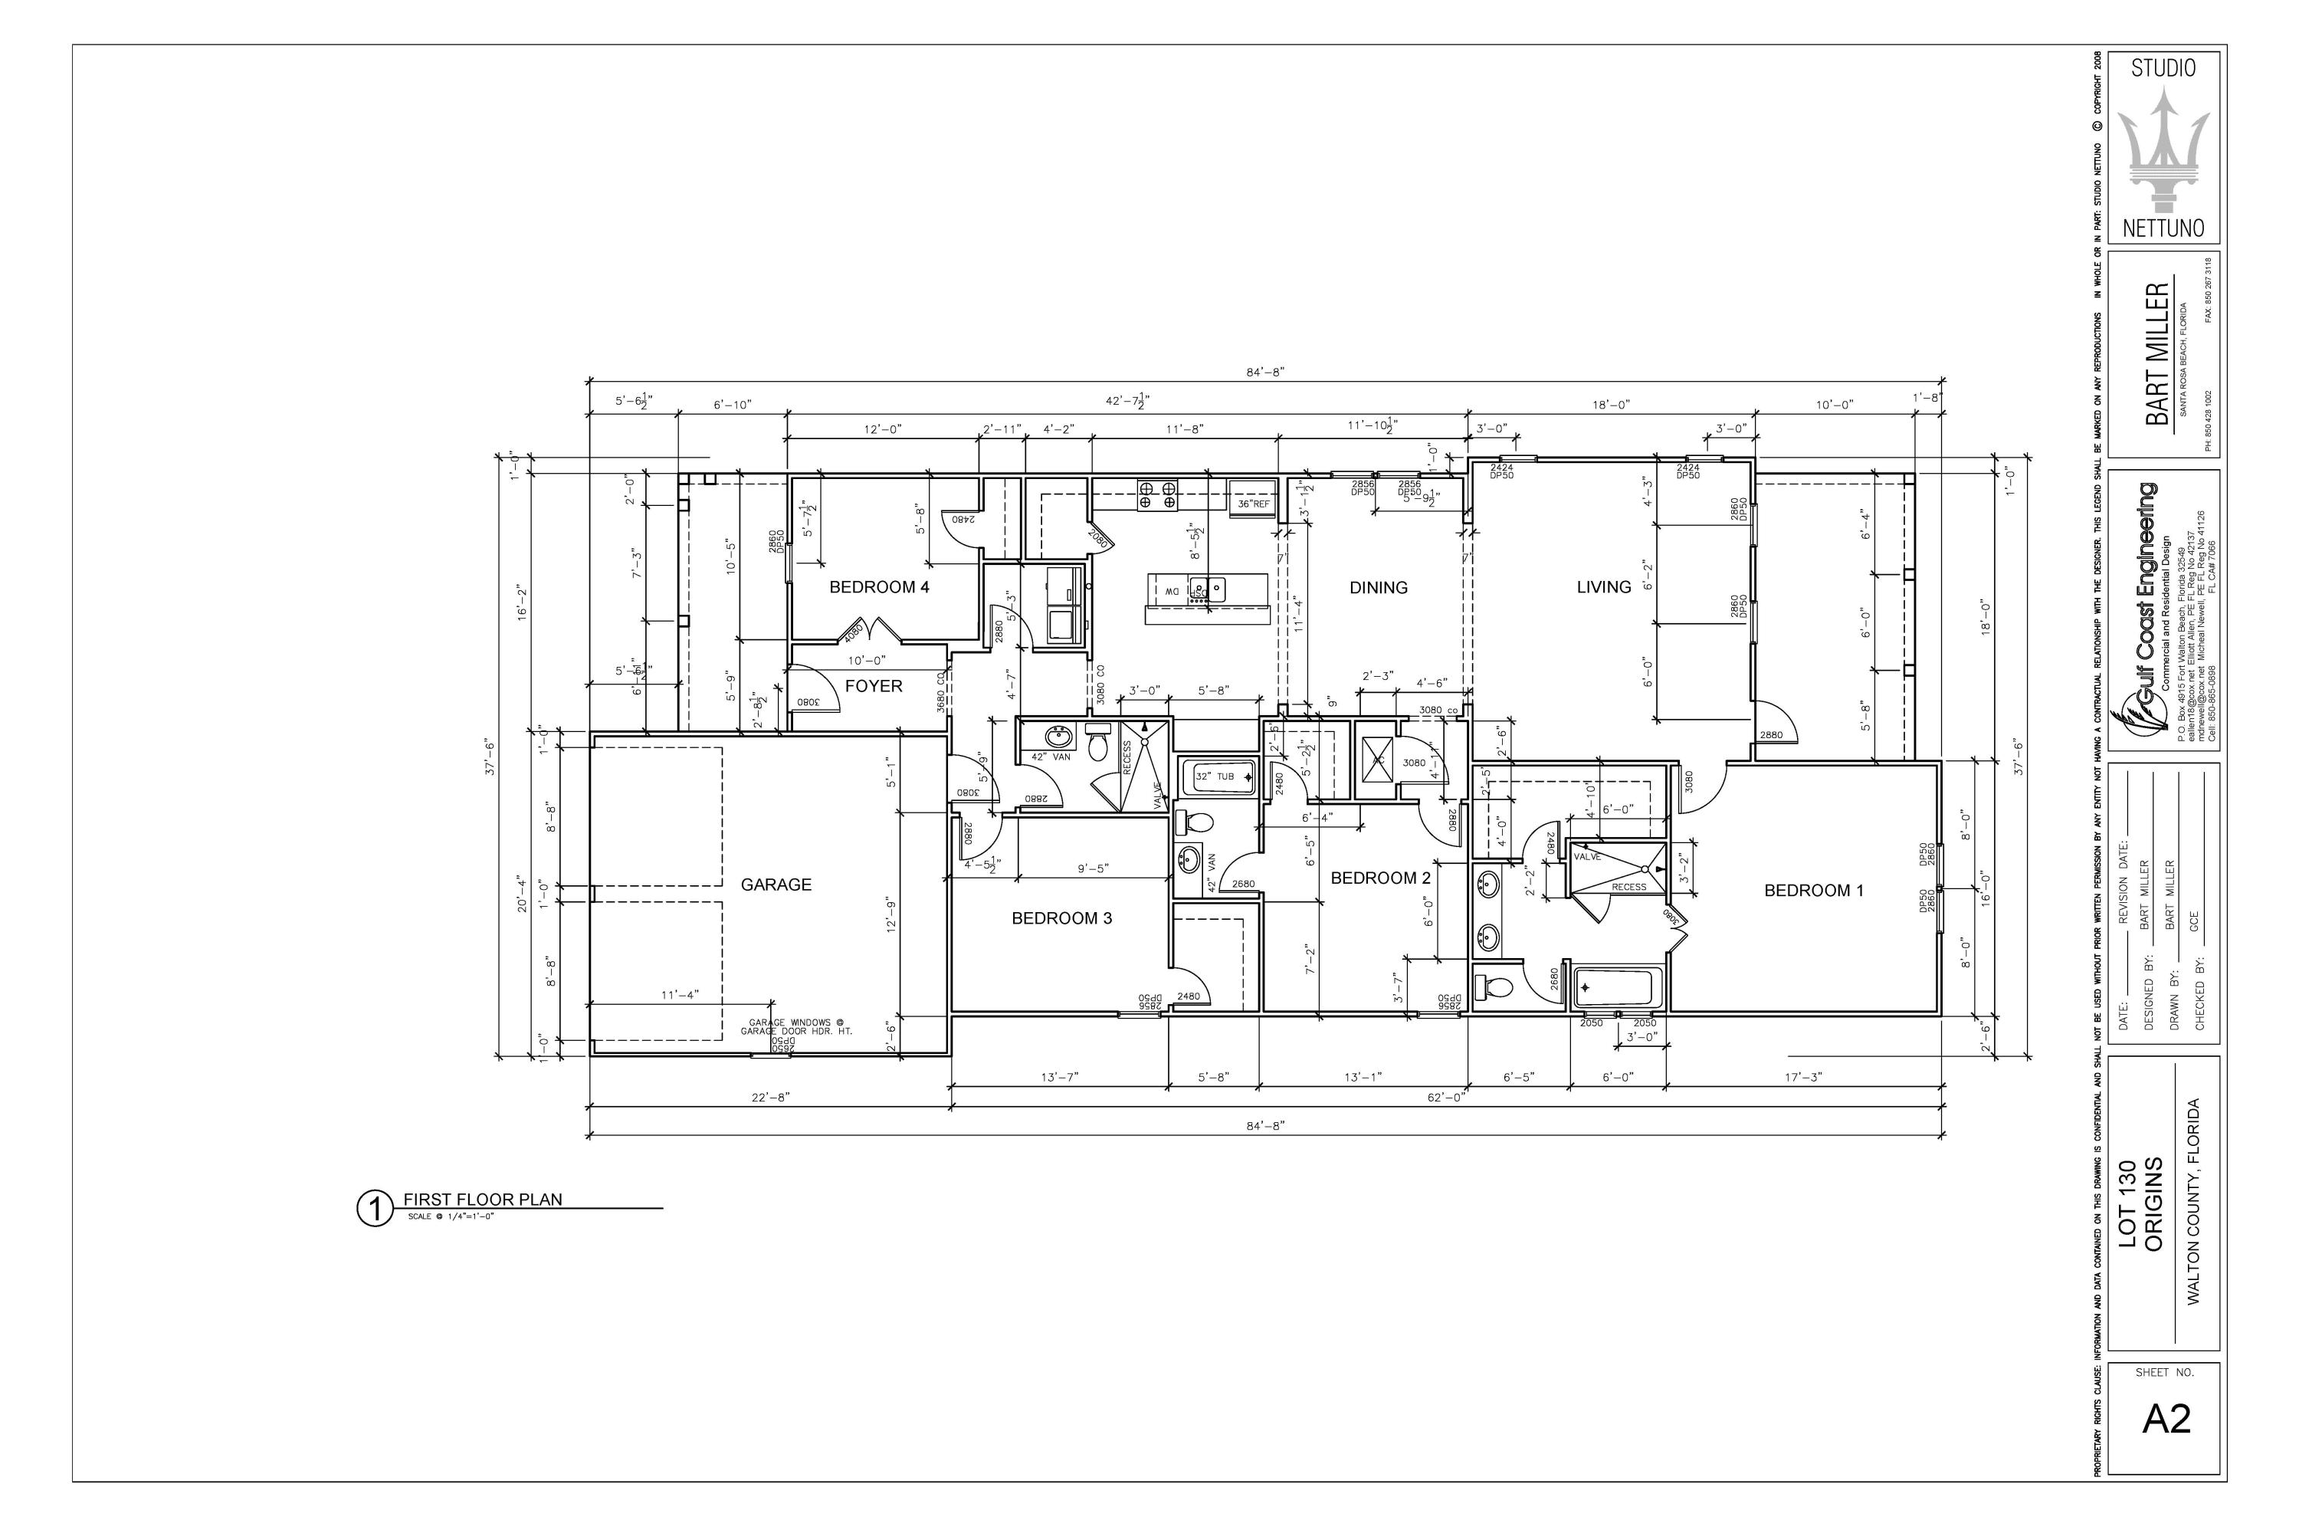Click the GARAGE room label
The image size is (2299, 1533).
[776, 885]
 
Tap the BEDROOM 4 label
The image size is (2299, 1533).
[879, 588]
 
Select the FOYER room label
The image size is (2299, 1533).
[874, 686]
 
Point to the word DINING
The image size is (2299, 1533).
[1378, 588]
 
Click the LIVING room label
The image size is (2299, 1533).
[1604, 586]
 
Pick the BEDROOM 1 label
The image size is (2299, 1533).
[1813, 891]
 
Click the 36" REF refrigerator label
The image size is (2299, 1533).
[1253, 504]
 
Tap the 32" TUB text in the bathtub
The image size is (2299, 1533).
[1215, 776]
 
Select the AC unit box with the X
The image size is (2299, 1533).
[1378, 760]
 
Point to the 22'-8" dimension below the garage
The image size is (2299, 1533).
[770, 1097]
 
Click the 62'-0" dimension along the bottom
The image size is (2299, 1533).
[1447, 1097]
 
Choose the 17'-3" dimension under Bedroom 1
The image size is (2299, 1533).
[1803, 1078]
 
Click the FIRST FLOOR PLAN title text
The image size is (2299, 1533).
[483, 1200]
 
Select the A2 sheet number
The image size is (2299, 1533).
[2166, 1419]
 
